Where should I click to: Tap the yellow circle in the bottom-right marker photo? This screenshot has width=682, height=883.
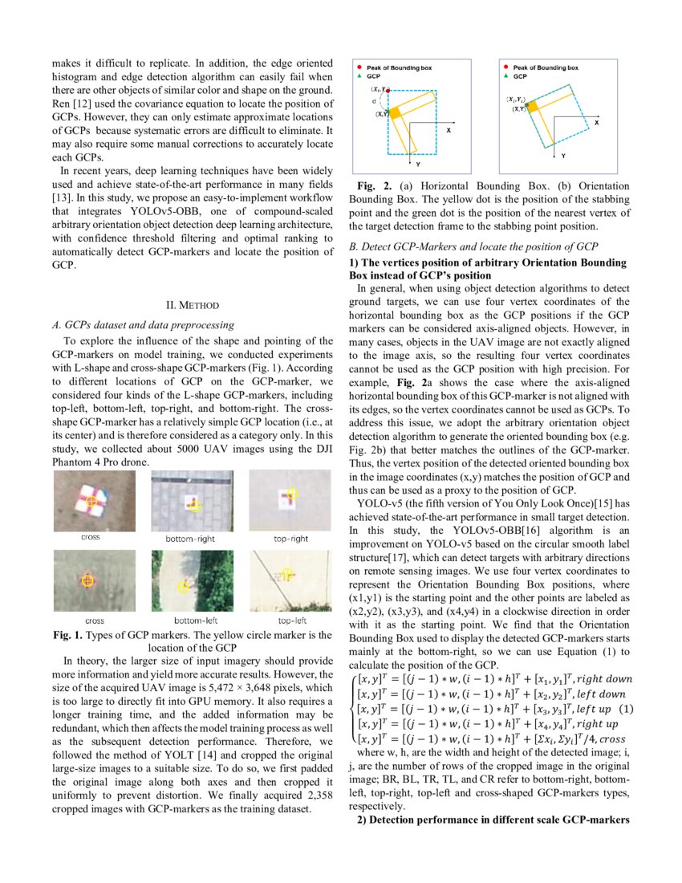pos(197,506)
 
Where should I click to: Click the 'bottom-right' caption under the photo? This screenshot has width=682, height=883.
pos(190,539)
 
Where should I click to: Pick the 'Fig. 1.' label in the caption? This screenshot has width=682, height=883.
pos(68,635)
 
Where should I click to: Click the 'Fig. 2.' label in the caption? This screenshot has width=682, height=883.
pos(376,186)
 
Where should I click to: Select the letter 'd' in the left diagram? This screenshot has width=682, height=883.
pos(376,102)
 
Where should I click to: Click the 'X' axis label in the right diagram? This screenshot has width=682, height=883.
pos(597,122)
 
